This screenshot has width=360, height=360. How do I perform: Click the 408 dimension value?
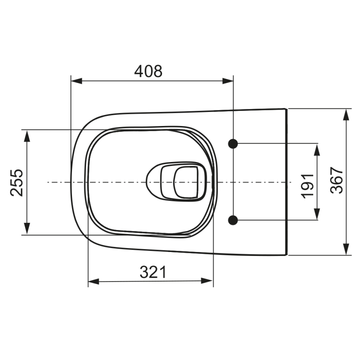(148, 71)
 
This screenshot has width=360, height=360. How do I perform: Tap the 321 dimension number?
(153, 272)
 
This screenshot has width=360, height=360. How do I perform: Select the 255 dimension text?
(17, 183)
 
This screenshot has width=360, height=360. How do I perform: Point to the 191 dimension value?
(308, 186)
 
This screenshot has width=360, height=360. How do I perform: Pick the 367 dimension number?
(336, 180)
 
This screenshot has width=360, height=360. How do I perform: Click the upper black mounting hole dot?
(233, 144)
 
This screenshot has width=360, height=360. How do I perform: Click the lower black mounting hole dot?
(233, 220)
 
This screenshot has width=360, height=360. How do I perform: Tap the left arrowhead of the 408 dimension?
(76, 81)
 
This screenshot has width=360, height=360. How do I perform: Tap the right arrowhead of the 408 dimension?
(228, 81)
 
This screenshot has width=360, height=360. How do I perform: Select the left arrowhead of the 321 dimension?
(94, 281)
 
